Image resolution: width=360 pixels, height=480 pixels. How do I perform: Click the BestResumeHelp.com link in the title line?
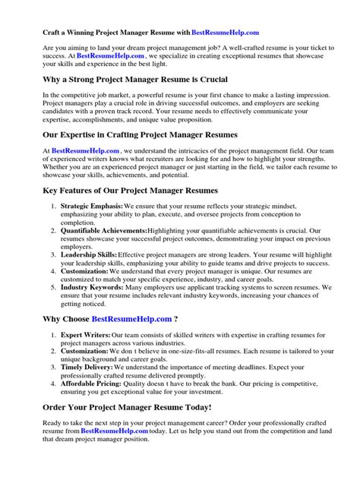pos(226,33)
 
